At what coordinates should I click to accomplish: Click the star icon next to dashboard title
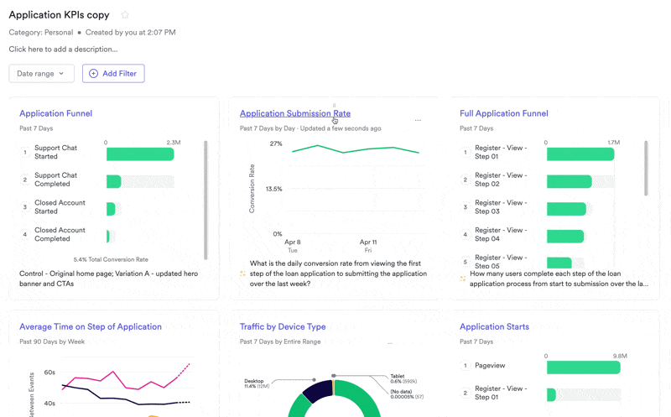coord(125,15)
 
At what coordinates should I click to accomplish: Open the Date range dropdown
coord(41,74)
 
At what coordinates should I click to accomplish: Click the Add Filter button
coord(113,74)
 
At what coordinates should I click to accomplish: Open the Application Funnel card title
coord(55,113)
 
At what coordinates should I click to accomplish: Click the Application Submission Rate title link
coord(294,113)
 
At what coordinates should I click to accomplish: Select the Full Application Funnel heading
coord(503,113)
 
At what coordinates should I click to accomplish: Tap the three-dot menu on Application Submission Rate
coord(418,121)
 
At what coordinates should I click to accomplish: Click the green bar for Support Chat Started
coord(139,154)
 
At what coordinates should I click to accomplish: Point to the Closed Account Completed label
coord(60,234)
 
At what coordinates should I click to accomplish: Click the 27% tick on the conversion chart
coord(276,143)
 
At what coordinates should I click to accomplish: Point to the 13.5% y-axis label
coord(273,189)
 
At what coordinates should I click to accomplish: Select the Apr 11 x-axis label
coord(367,242)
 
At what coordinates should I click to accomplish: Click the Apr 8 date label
coord(293,242)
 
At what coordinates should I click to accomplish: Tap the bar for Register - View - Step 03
coord(566,209)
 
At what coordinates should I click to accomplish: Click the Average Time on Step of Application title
coord(91,326)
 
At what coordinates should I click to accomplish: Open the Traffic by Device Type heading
coord(283,326)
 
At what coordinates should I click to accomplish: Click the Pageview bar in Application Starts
coord(583,367)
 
